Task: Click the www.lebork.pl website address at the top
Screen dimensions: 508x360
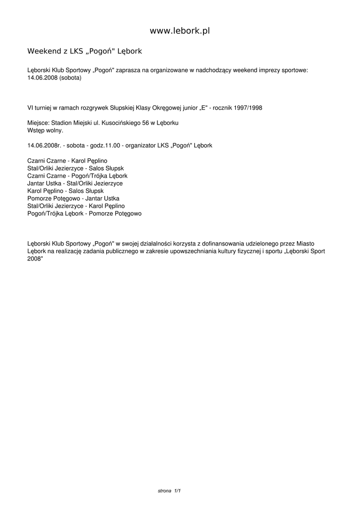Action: click(180, 31)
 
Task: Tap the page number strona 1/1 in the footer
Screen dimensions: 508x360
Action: click(169, 491)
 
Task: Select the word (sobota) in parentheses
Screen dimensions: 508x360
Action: click(70, 78)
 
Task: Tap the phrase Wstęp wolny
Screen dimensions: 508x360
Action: click(45, 130)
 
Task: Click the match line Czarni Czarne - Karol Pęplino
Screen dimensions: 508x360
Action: click(67, 161)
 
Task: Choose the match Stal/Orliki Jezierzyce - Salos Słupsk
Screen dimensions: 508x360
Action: click(75, 168)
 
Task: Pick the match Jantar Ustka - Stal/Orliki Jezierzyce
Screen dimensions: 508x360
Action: click(75, 183)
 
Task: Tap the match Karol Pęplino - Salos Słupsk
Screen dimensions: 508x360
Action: click(66, 190)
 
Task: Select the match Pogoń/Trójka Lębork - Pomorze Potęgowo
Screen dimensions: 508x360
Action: click(84, 213)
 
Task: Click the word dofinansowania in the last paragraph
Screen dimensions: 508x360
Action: click(220, 244)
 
